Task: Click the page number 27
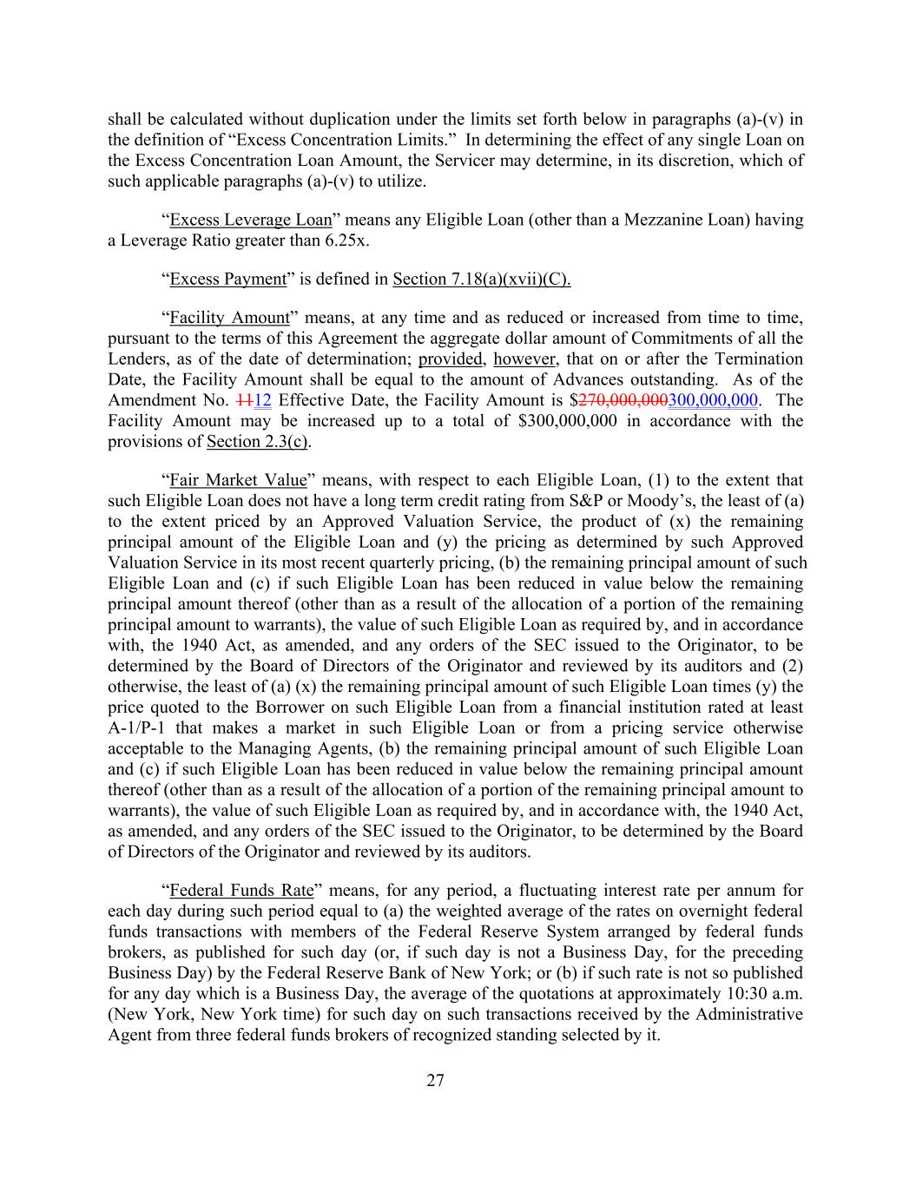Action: pyautogui.click(x=435, y=1081)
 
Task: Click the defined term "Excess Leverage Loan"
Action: pyautogui.click(x=251, y=220)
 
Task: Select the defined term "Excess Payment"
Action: pyautogui.click(x=227, y=279)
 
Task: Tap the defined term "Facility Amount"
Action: pyautogui.click(x=229, y=318)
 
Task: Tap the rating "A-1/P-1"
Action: pyautogui.click(x=141, y=727)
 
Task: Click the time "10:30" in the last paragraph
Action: pyautogui.click(x=736, y=993)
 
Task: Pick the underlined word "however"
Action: pyautogui.click(x=524, y=359)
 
